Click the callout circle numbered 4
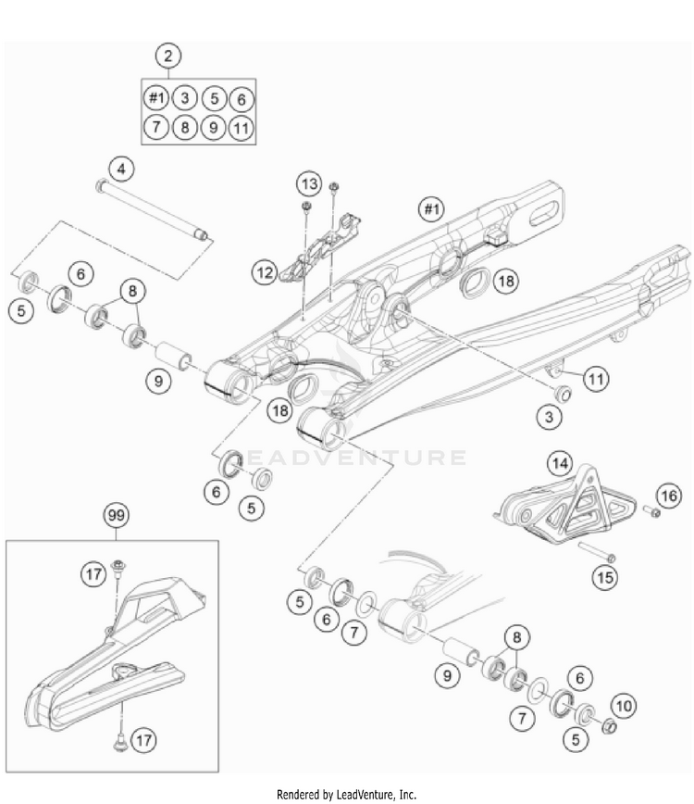pyautogui.click(x=121, y=169)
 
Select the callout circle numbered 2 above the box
pyautogui.click(x=167, y=56)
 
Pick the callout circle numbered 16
pyautogui.click(x=667, y=496)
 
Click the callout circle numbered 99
pyautogui.click(x=115, y=514)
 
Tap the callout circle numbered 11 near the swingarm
pyautogui.click(x=598, y=377)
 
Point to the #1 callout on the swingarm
pyautogui.click(x=430, y=209)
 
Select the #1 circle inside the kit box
pyautogui.click(x=155, y=97)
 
